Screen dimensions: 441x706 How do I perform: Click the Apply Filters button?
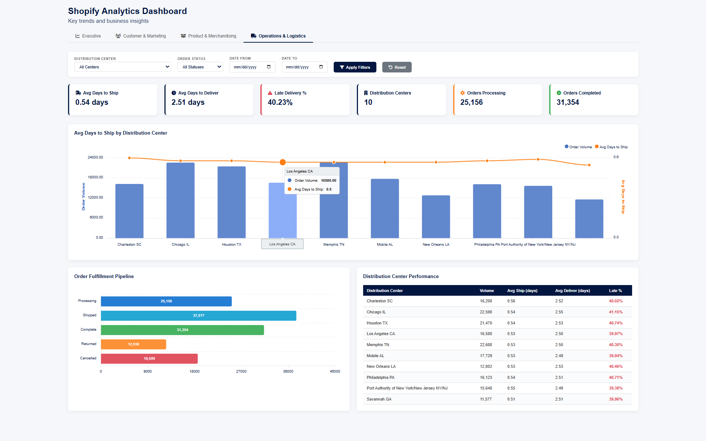click(355, 67)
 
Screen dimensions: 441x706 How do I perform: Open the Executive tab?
click(88, 36)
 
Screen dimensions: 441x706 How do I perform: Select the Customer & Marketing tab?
click(141, 36)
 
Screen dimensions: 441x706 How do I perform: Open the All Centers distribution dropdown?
click(123, 67)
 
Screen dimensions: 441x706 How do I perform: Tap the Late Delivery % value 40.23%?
click(280, 103)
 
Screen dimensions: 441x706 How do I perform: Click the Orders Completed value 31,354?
click(568, 103)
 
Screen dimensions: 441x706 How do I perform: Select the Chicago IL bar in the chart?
click(180, 200)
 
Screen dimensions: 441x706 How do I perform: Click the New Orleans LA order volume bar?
click(436, 217)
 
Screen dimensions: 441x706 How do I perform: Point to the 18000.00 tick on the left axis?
click(95, 177)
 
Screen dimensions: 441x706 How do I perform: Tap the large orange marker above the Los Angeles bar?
click(283, 162)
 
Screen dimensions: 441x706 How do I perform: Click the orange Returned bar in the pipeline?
click(133, 344)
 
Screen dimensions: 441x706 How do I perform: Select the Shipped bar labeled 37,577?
click(198, 316)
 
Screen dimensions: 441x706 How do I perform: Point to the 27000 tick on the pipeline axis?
click(241, 371)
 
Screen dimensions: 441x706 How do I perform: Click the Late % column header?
click(615, 291)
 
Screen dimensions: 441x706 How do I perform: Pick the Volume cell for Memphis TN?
click(486, 345)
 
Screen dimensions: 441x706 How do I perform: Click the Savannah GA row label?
click(379, 399)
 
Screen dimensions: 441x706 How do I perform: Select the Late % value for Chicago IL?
click(615, 312)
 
